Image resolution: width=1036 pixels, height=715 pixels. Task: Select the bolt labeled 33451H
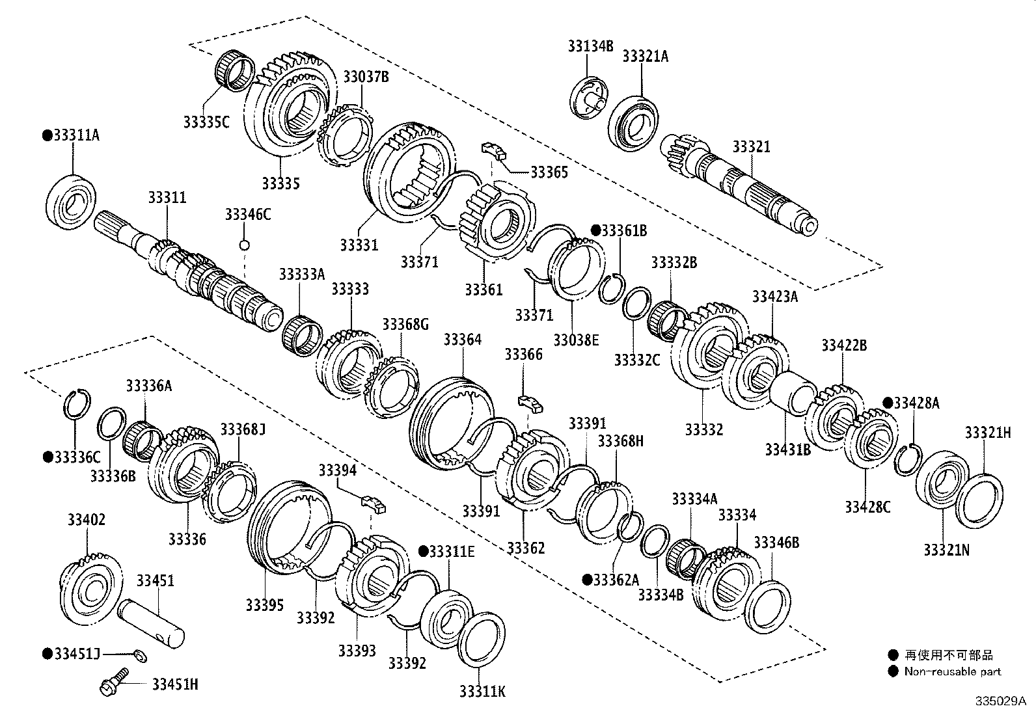108,685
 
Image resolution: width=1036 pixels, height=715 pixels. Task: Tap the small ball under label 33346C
245,245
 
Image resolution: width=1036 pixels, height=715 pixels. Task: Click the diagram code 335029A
1000,701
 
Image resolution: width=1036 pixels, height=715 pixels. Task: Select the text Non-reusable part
953,671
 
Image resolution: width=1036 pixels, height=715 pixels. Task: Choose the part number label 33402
86,520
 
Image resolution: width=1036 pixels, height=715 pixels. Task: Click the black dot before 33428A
888,403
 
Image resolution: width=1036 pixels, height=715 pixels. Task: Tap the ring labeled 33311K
482,640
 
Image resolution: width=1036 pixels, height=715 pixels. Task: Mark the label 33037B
366,77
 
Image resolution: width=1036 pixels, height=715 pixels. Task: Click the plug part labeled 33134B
588,98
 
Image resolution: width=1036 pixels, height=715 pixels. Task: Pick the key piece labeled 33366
530,401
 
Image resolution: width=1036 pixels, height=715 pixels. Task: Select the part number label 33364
463,340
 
